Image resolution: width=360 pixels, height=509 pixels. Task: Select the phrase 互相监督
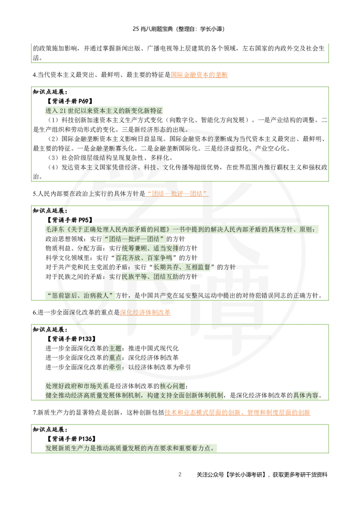click(198, 268)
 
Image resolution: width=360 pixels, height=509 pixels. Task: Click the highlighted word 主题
click(115, 348)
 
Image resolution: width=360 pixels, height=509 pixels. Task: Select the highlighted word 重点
click(115, 357)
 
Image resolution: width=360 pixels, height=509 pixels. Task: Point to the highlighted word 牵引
click(115, 367)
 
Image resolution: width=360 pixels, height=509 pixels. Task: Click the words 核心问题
click(172, 386)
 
